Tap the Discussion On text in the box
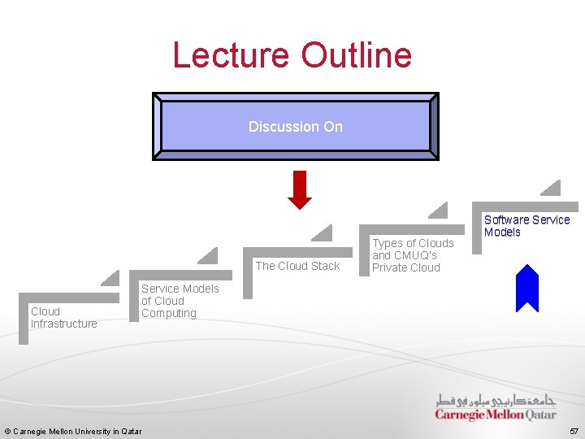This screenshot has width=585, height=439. (x=296, y=127)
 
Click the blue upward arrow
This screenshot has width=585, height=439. (x=527, y=289)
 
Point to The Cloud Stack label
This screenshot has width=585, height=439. (x=297, y=266)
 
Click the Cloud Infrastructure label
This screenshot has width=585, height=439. (x=63, y=317)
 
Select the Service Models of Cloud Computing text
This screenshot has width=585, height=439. (x=180, y=301)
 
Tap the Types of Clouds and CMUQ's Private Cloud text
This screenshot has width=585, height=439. (x=413, y=255)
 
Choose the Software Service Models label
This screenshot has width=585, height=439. (x=526, y=226)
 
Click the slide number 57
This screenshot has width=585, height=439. (x=574, y=431)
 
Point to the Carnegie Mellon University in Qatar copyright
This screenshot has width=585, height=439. (x=73, y=431)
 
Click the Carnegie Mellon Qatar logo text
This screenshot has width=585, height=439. (x=495, y=415)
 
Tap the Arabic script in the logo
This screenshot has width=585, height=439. (x=495, y=400)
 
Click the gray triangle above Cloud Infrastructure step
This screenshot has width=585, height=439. (x=111, y=278)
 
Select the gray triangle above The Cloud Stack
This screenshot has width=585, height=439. (x=323, y=233)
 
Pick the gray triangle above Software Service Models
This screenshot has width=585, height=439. (x=552, y=188)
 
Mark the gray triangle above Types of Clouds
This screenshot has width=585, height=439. (x=439, y=211)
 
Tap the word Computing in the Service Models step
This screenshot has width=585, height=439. (x=169, y=313)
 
